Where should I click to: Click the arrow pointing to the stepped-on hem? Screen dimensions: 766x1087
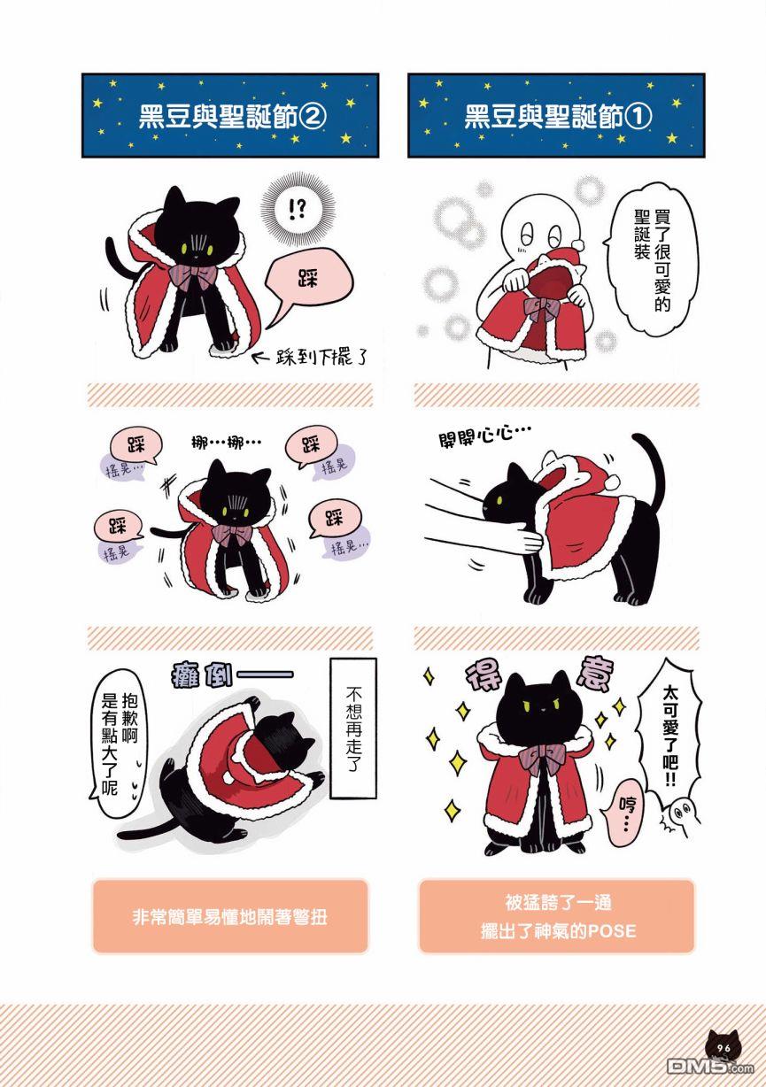point(263,358)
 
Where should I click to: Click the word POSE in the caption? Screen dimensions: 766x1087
point(612,930)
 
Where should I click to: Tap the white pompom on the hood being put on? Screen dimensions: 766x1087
point(613,482)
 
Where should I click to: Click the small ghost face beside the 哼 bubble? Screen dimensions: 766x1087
point(682,813)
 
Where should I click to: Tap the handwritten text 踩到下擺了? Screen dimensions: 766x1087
point(321,358)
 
